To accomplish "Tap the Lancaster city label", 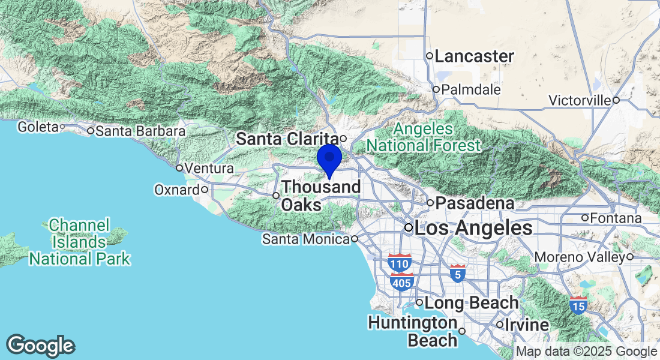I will [x=474, y=56].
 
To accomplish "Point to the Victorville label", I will [x=580, y=100].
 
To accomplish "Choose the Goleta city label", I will [x=37, y=127].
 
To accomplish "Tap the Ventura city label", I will [x=209, y=169].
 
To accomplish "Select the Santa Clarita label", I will [x=287, y=139].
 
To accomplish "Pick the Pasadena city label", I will [x=475, y=203].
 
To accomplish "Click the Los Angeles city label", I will [x=473, y=228].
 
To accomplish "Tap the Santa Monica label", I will [x=305, y=239].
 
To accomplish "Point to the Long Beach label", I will [x=472, y=303].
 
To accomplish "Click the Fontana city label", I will [x=616, y=218].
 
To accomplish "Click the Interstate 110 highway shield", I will [x=400, y=263].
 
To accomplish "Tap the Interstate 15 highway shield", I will [x=579, y=305].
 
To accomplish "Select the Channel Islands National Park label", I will [x=80, y=242].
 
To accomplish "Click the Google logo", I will [x=41, y=346].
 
